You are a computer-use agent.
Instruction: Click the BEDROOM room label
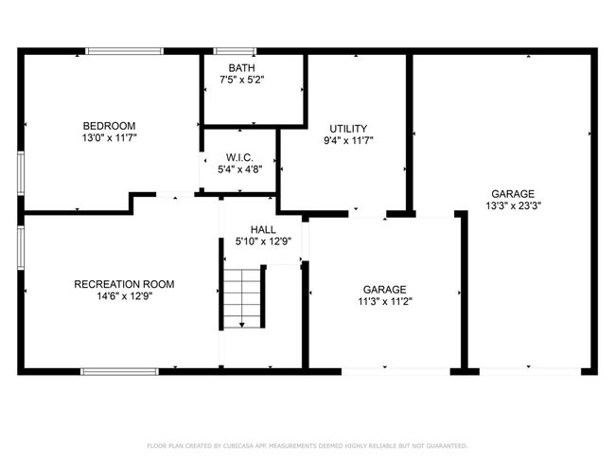[x=109, y=126]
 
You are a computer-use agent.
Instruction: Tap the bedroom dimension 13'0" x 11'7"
[x=110, y=138]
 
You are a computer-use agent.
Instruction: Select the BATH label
[x=241, y=68]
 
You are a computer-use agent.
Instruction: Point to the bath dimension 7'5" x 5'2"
[x=241, y=80]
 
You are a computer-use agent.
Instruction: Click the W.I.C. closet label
[x=239, y=158]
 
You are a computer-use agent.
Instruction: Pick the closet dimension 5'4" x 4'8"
[x=240, y=169]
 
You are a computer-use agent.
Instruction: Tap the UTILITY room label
[x=348, y=129]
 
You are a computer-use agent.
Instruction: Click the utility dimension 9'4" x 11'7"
[x=348, y=140]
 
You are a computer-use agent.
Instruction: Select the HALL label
[x=263, y=230]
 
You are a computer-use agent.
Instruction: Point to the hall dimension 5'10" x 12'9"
[x=263, y=241]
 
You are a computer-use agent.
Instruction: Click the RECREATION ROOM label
[x=124, y=284]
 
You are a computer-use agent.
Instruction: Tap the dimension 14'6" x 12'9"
[x=125, y=296]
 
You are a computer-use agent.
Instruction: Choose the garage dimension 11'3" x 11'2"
[x=385, y=301]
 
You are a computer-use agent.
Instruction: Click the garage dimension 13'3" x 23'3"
[x=513, y=205]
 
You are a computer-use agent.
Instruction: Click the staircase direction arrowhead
[x=242, y=325]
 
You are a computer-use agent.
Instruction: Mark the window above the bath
[x=235, y=51]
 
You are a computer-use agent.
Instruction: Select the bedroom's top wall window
[x=124, y=51]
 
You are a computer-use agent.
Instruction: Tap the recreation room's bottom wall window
[x=119, y=372]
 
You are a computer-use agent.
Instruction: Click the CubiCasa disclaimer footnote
[x=307, y=446]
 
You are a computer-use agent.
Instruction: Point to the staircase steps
[x=242, y=298]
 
